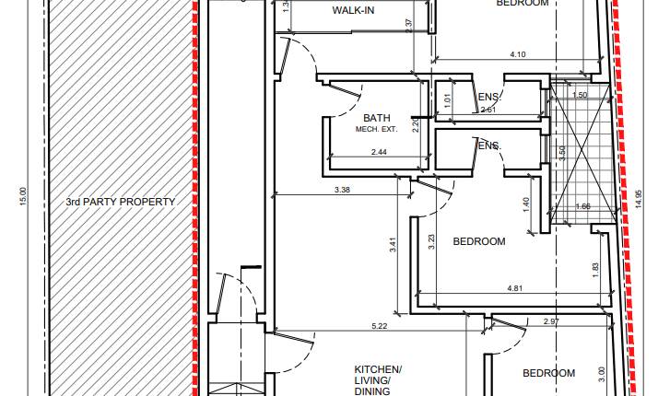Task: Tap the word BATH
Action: tap(376, 118)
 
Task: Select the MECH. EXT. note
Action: tap(375, 130)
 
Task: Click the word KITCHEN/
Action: tap(379, 367)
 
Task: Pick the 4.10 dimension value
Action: tap(517, 55)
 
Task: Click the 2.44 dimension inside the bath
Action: tap(379, 152)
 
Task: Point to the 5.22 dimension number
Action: tap(379, 327)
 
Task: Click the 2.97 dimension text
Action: tap(552, 320)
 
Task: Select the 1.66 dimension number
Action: tap(582, 206)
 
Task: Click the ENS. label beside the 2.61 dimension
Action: tap(488, 98)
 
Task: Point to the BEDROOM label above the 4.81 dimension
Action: tap(479, 242)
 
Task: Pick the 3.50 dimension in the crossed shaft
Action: tap(562, 153)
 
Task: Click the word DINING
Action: tap(379, 391)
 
